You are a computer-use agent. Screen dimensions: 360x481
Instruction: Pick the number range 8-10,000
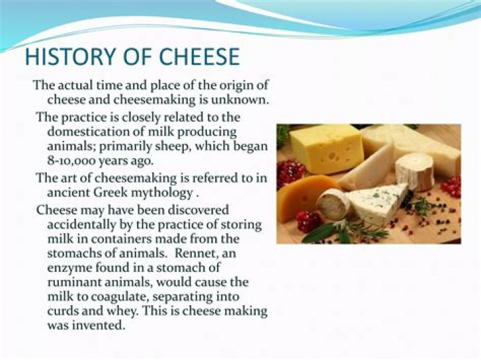[73, 161]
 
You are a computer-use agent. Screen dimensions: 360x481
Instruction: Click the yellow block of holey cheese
[327, 148]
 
